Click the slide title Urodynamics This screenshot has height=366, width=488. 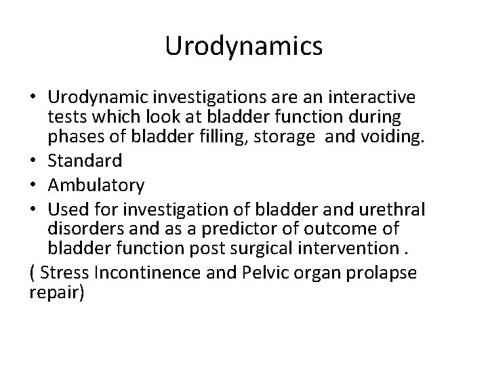(244, 47)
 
